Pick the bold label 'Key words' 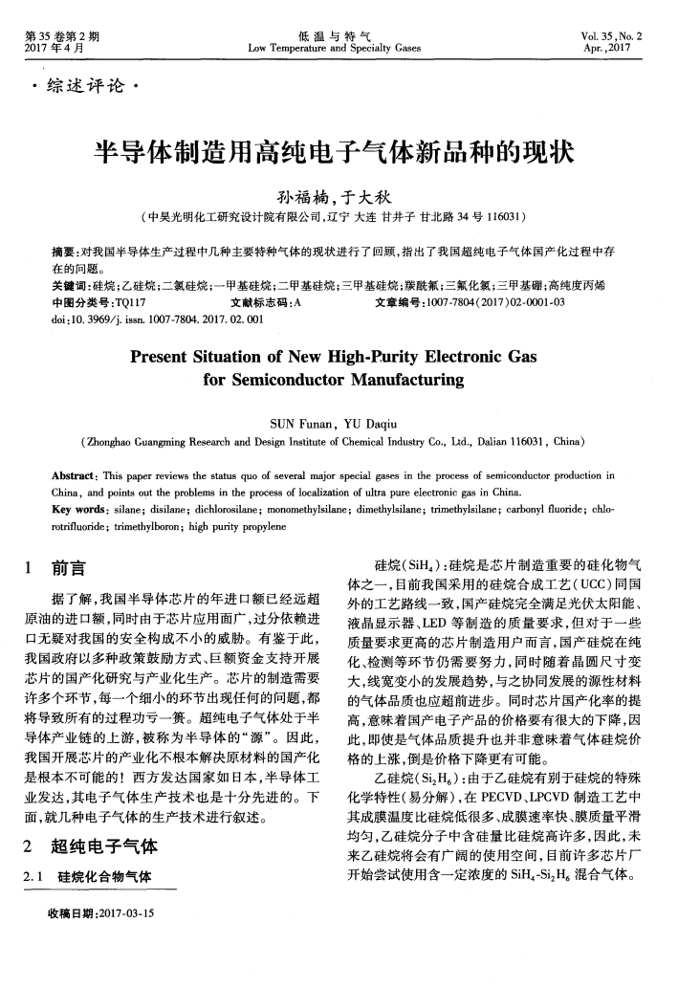click(x=79, y=506)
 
